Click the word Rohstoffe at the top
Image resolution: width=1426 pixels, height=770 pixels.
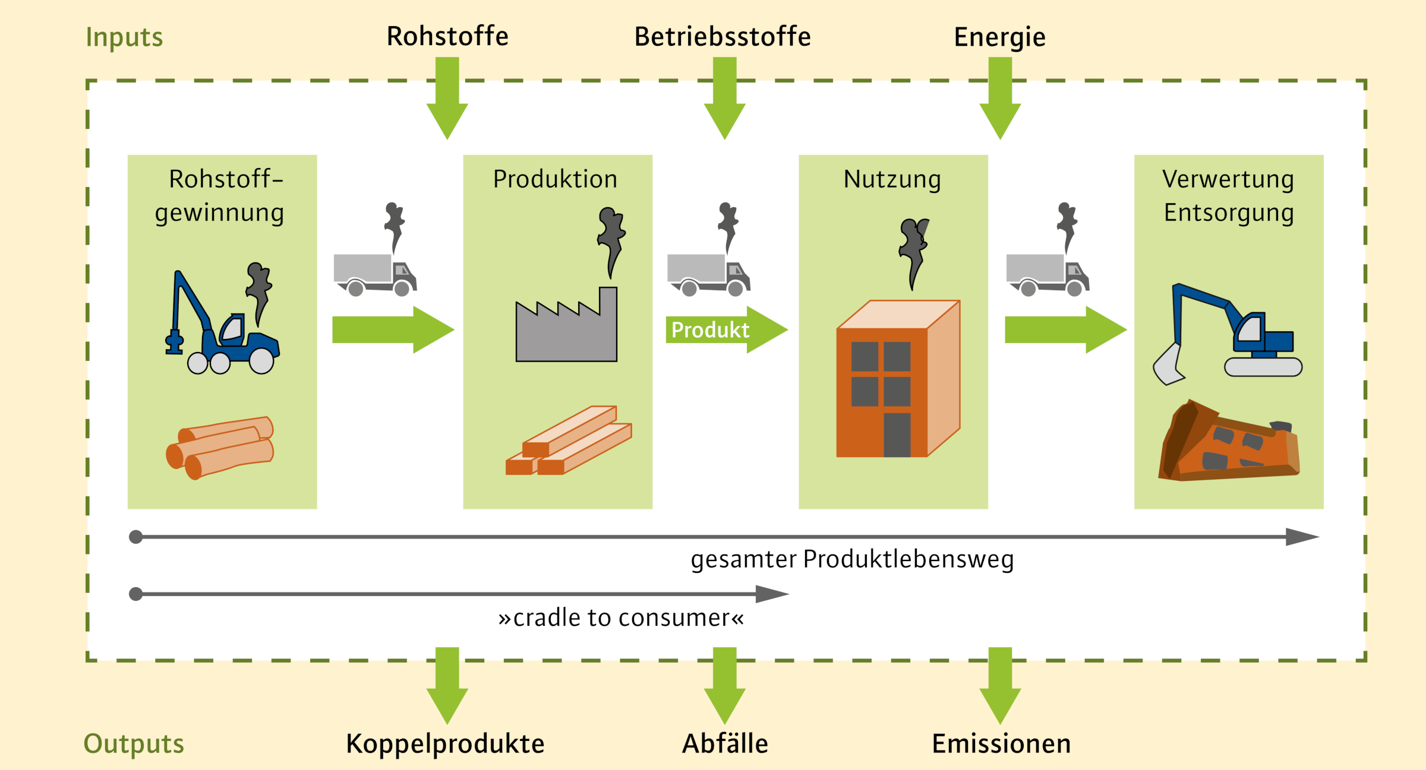(x=447, y=36)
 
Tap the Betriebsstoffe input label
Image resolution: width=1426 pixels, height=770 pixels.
(x=722, y=37)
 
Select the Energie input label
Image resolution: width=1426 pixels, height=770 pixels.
(x=999, y=37)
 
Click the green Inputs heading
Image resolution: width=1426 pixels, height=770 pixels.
(x=124, y=37)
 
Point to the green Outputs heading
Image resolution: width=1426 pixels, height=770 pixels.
(x=134, y=743)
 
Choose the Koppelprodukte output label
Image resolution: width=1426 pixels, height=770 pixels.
(x=445, y=743)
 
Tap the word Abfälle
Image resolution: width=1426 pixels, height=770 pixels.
(x=725, y=743)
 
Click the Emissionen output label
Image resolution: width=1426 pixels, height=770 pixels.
(x=1001, y=743)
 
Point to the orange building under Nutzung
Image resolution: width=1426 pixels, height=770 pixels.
(x=897, y=380)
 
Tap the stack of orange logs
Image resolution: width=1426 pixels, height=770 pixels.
(x=220, y=448)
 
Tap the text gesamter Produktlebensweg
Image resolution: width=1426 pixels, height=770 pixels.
(x=852, y=559)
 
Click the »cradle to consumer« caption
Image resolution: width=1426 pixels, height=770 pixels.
(x=621, y=618)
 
